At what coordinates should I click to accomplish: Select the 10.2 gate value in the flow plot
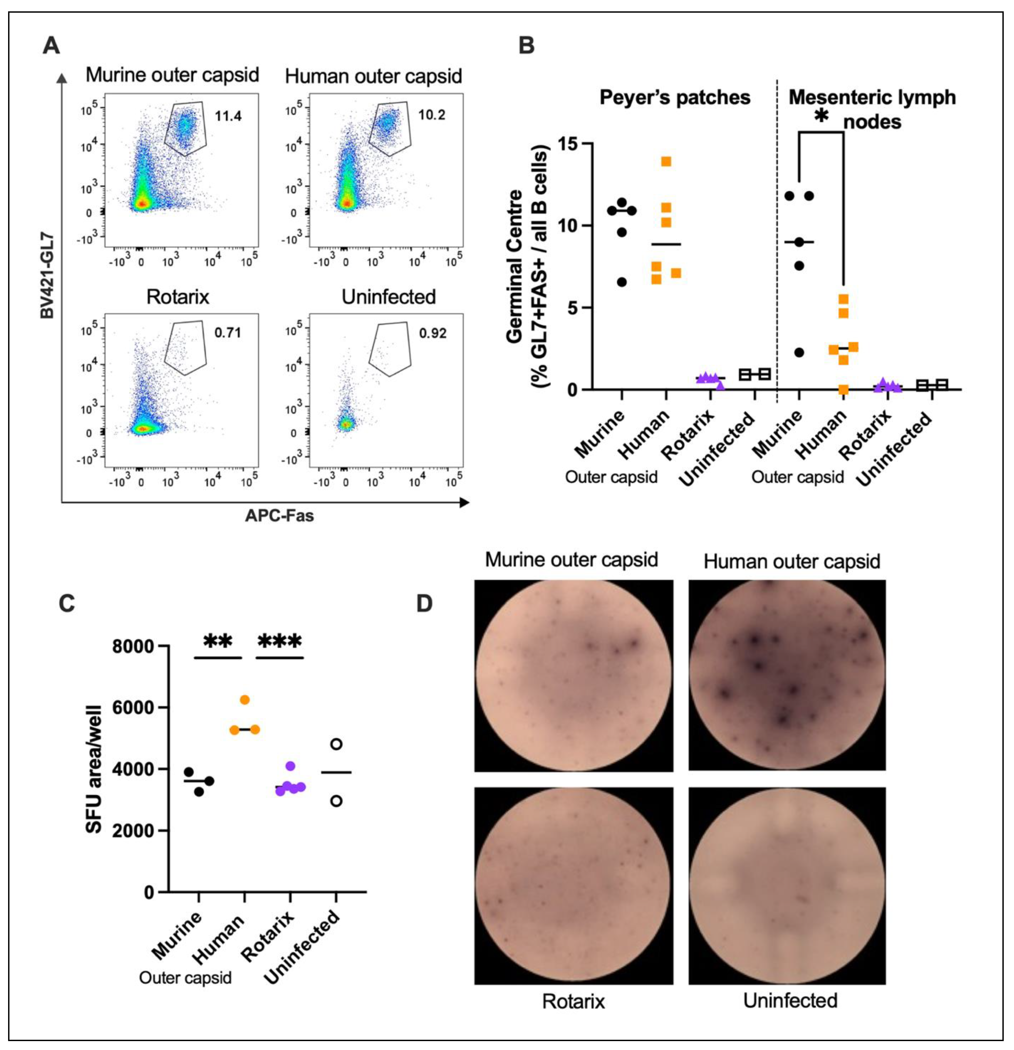click(432, 115)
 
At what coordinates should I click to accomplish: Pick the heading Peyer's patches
click(674, 97)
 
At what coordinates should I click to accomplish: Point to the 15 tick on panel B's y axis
click(569, 144)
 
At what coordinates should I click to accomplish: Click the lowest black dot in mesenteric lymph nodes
click(799, 352)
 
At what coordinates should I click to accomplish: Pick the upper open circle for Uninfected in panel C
click(336, 744)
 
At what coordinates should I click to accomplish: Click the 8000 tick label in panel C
click(133, 647)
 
